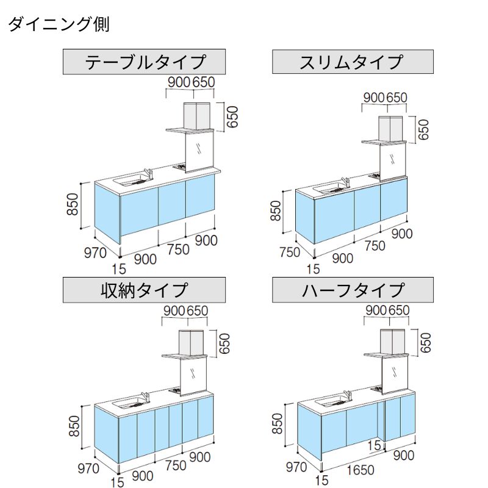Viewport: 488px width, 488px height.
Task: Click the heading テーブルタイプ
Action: pos(145,62)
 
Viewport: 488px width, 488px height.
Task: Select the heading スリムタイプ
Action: pos(352,62)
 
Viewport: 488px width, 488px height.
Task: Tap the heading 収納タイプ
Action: pos(145,289)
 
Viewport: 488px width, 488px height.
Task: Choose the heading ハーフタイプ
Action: pos(353,289)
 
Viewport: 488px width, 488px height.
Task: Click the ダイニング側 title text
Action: pos(58,25)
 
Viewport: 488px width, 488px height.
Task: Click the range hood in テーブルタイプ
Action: pos(196,115)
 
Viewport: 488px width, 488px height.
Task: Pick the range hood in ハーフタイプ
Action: pos(393,341)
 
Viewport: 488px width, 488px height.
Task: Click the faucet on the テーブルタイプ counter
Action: pos(147,173)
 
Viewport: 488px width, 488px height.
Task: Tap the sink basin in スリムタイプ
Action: pos(330,187)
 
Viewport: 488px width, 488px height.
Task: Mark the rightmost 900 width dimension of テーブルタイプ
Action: pos(206,240)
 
